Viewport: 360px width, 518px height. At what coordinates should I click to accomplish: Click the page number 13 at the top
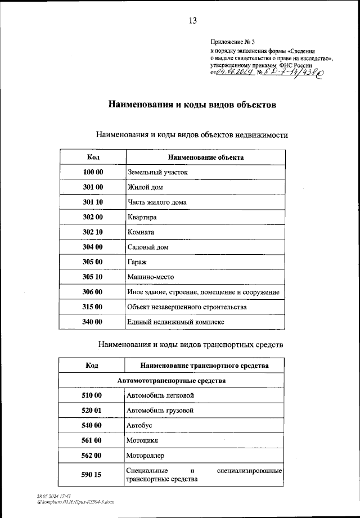click(192, 21)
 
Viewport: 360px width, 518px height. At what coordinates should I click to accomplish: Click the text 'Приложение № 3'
click(232, 42)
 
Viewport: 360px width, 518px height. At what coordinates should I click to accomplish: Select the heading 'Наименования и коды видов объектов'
click(191, 105)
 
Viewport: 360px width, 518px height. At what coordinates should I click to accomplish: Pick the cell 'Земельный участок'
click(157, 172)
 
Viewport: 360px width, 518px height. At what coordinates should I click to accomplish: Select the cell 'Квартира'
click(142, 217)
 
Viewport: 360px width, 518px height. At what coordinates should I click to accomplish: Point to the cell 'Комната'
click(141, 232)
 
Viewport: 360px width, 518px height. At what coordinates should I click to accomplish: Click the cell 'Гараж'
click(138, 262)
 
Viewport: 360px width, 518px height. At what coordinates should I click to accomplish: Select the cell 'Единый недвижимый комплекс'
click(175, 322)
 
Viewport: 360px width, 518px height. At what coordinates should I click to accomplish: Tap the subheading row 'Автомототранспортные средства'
click(172, 381)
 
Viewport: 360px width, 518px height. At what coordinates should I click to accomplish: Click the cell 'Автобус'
click(139, 426)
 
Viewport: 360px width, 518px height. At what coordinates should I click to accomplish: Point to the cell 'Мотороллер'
click(146, 456)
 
